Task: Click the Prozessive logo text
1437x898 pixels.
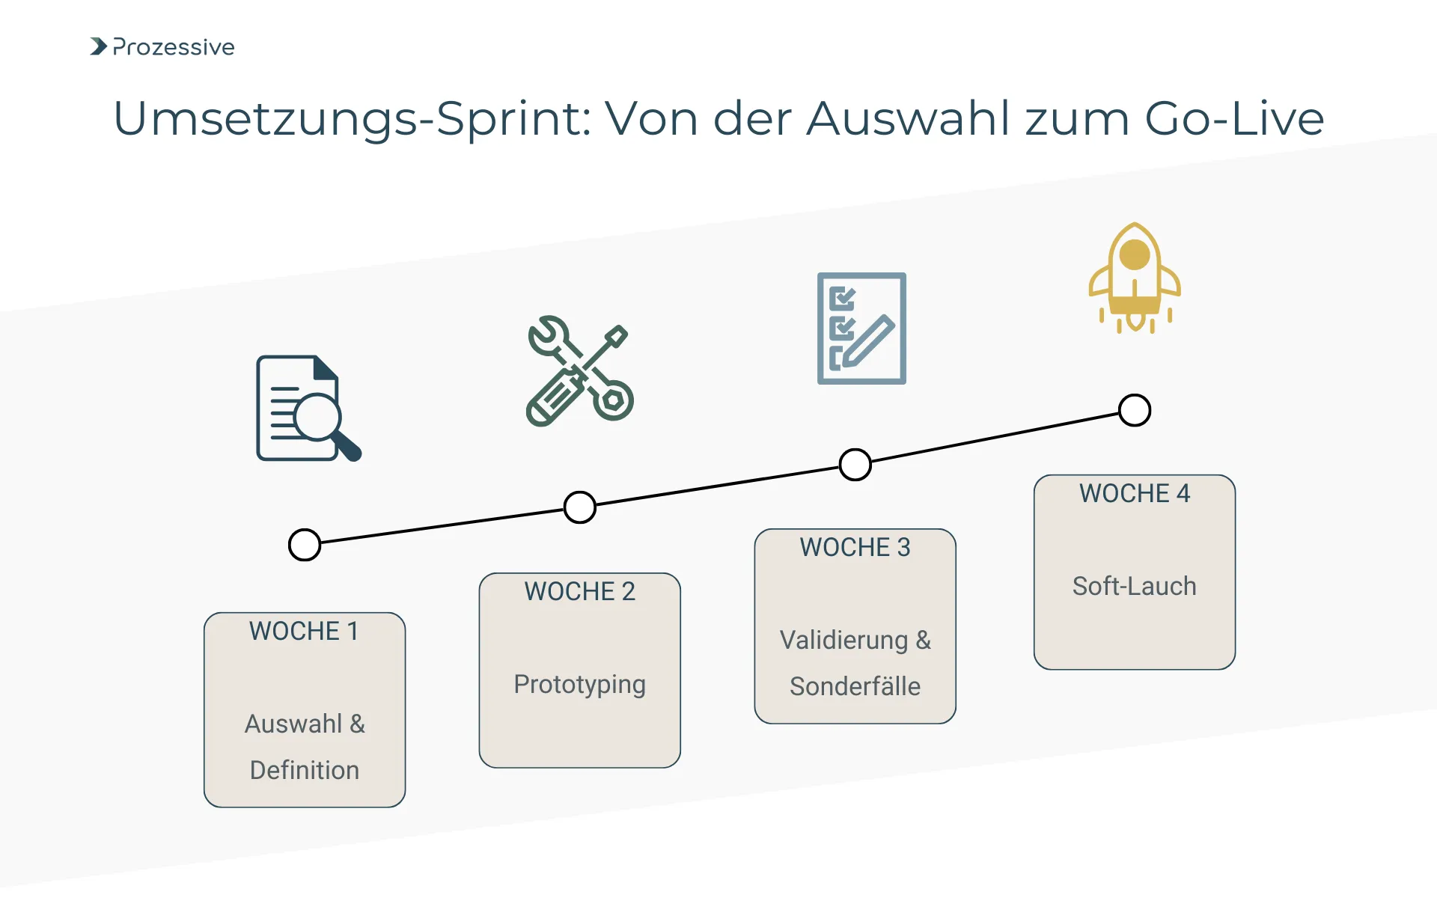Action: (x=173, y=47)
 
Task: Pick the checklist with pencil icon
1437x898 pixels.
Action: (x=861, y=329)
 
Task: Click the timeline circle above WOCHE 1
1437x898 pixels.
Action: (x=305, y=545)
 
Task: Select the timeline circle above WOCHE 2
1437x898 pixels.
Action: (x=580, y=507)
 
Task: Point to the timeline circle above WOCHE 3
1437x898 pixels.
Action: (x=855, y=465)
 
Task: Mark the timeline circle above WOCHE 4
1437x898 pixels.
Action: (x=1135, y=410)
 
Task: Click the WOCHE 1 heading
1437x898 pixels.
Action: (x=304, y=632)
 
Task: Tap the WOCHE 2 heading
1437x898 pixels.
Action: (x=579, y=592)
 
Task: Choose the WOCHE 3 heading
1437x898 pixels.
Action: (x=855, y=548)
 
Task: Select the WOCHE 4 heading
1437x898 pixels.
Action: (x=1134, y=494)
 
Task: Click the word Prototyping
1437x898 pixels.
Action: (x=579, y=685)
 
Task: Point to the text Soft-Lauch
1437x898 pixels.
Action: (x=1134, y=587)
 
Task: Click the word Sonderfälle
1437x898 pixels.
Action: (x=855, y=687)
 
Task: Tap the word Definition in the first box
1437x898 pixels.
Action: (x=305, y=771)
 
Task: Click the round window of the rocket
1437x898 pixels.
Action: (x=1135, y=254)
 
